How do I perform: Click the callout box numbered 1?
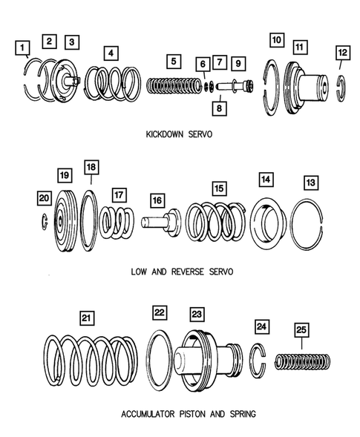coord(22,47)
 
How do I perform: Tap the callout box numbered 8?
coord(219,108)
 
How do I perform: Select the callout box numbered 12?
coord(343,53)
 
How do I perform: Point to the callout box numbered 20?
coord(44,198)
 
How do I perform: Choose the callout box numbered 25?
coord(301,330)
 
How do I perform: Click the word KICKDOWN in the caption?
coord(165,134)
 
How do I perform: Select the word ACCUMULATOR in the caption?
coord(148,414)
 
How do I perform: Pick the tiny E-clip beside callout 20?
coord(43,222)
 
